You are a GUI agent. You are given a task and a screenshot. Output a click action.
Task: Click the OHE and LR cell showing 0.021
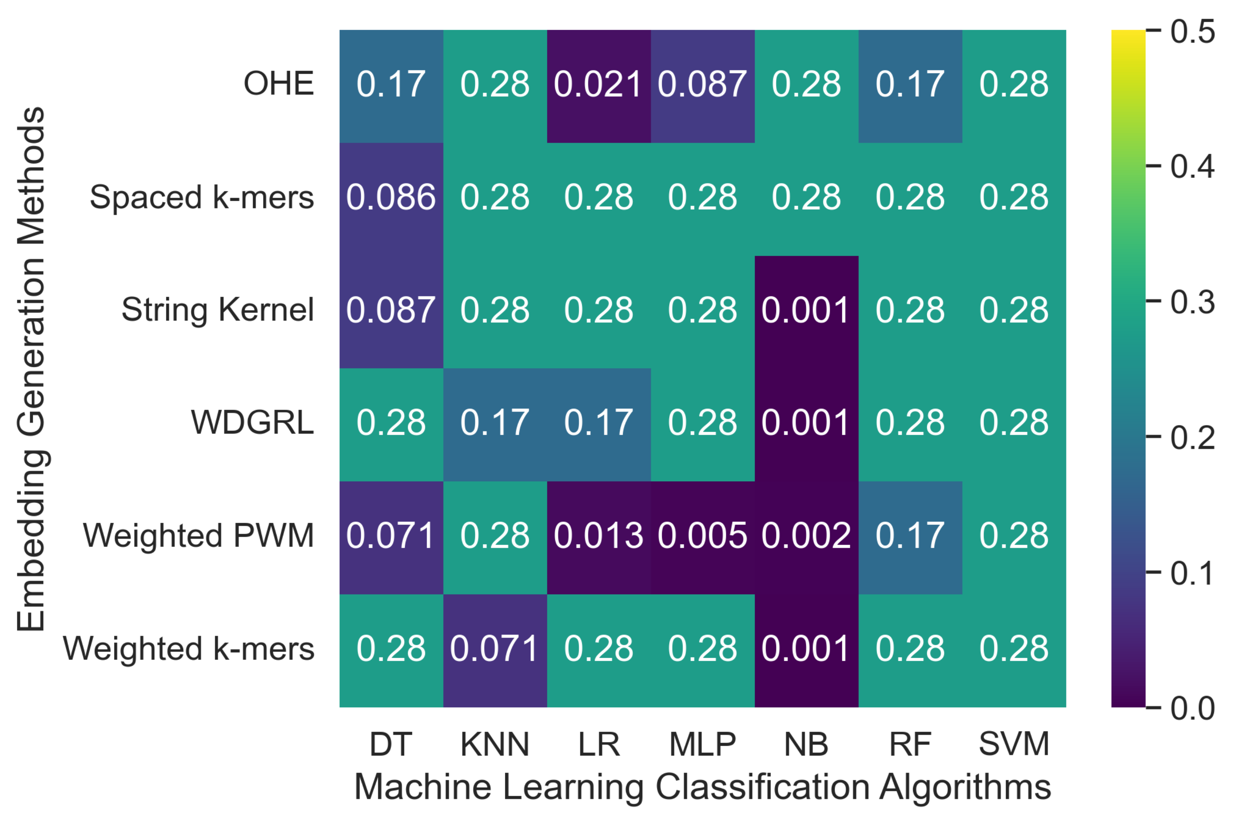(x=599, y=85)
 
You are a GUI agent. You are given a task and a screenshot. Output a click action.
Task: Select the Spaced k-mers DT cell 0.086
(x=391, y=198)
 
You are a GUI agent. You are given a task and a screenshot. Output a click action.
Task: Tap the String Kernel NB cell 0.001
(x=806, y=311)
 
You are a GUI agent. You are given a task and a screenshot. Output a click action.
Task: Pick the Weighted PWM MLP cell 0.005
(x=702, y=537)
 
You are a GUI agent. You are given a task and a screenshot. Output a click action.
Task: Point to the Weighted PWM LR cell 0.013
(x=599, y=537)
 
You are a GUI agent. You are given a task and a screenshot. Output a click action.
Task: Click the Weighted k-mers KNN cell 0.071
(x=495, y=649)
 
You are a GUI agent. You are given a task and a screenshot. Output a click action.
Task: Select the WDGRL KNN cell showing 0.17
(x=495, y=423)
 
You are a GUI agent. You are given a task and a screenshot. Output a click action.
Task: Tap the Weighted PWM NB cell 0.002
(x=806, y=537)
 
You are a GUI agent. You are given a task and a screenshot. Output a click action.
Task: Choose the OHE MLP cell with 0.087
(x=702, y=85)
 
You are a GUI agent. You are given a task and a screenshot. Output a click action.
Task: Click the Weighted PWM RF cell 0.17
(x=910, y=537)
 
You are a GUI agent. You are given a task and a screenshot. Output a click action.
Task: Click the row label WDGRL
(x=252, y=423)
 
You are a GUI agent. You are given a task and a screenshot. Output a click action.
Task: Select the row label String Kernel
(x=217, y=309)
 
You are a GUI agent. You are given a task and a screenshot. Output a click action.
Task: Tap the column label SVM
(x=1014, y=744)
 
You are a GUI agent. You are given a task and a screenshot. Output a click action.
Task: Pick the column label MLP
(x=702, y=744)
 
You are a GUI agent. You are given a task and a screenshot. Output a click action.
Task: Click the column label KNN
(x=495, y=744)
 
